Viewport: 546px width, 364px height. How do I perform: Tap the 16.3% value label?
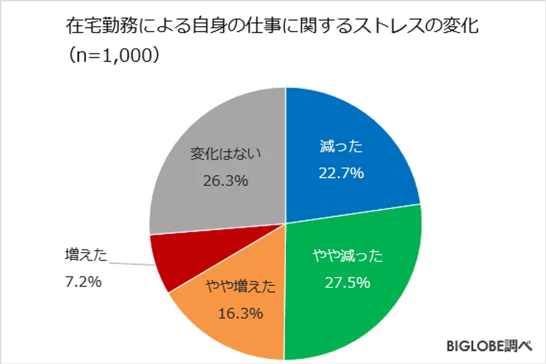(x=241, y=313)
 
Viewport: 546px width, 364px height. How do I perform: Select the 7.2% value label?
(x=82, y=284)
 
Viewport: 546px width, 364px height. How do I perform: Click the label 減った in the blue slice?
(x=341, y=147)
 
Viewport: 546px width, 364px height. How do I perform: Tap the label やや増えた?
(x=241, y=287)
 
